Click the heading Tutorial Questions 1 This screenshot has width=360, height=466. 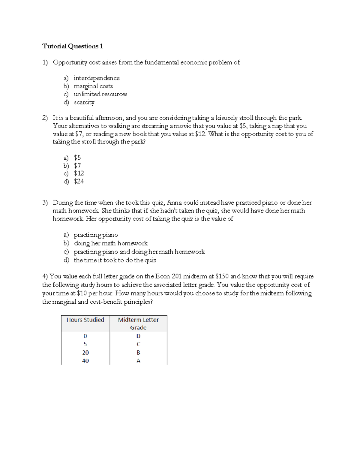point(73,46)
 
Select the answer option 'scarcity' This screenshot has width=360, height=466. point(84,102)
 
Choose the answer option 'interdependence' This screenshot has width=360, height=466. point(96,78)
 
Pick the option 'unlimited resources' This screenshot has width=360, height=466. point(100,94)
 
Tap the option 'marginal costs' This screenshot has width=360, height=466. point(93,86)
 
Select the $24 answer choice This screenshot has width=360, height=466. point(79,181)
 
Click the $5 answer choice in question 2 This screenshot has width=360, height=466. point(77,158)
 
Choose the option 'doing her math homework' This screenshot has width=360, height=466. point(111,243)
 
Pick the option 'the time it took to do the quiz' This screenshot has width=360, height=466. point(115,260)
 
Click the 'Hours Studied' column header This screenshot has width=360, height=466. point(85,320)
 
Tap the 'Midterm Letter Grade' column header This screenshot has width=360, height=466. point(138,323)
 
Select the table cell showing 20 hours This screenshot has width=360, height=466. point(85,353)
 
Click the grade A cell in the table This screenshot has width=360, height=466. point(138,361)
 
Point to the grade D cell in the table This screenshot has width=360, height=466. point(138,336)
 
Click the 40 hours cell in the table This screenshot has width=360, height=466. point(85,361)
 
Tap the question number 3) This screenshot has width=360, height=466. point(45,203)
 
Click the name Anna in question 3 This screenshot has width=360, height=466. point(174,203)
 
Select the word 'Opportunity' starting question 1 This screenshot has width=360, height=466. point(70,62)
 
